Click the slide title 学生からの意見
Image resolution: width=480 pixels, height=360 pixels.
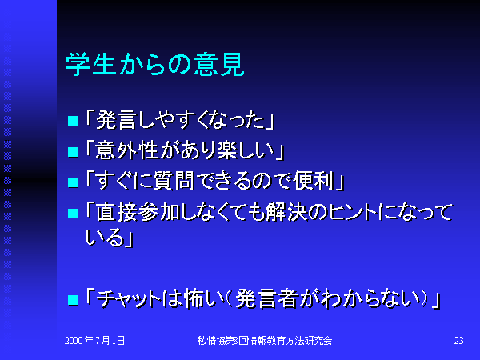point(155,65)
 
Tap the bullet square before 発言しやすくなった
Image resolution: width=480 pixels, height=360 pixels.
point(73,121)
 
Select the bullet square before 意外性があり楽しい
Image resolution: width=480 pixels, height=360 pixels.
point(73,151)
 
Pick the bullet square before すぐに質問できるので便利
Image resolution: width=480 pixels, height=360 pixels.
point(73,182)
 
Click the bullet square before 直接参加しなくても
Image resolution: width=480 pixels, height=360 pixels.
point(73,214)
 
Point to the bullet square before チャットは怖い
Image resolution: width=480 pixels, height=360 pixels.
point(73,300)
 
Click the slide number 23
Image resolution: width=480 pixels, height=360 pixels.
point(458,341)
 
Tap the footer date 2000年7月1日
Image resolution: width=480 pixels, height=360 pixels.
point(94,341)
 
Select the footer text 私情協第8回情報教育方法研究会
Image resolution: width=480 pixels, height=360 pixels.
point(265,341)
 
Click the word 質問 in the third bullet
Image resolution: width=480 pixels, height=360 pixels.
point(174,181)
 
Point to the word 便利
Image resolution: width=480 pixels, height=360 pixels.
point(314,181)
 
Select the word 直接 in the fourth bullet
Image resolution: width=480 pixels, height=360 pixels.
point(116,212)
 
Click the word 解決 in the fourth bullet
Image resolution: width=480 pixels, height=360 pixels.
point(286,212)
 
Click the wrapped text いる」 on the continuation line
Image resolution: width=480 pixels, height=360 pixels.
point(110,238)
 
